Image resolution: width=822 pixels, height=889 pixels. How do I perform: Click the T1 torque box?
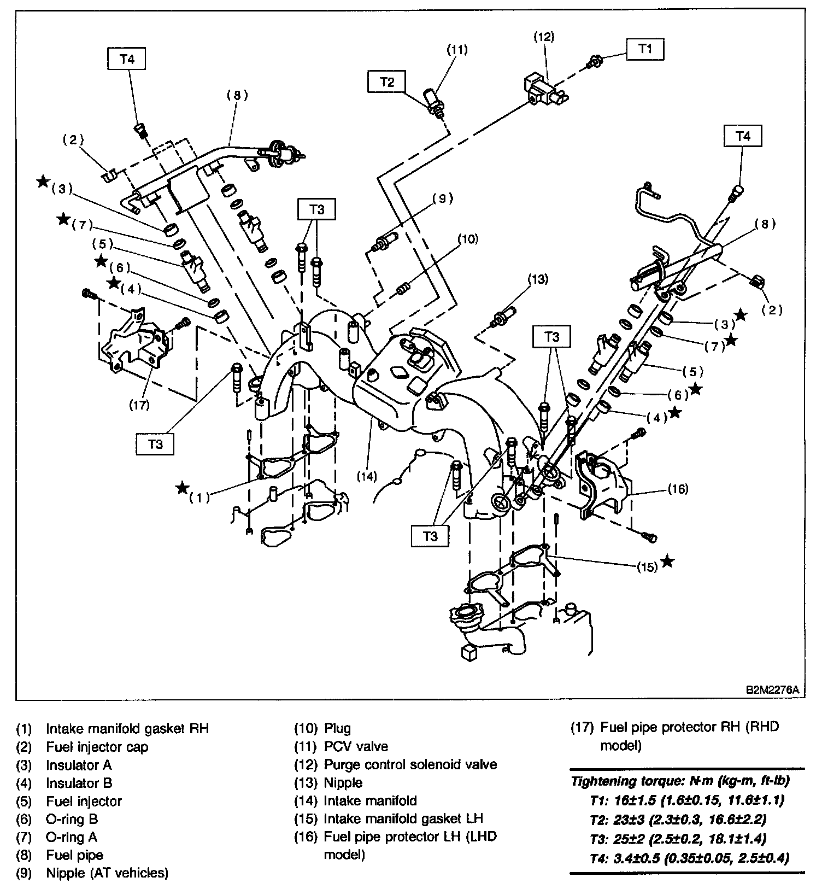coord(645,49)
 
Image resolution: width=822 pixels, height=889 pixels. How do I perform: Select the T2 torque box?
coord(387,82)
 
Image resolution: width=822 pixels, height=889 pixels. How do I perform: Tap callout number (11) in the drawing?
coord(457,50)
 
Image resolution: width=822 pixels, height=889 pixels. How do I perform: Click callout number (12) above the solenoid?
coord(544,37)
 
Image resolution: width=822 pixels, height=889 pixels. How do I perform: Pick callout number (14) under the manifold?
coord(367,476)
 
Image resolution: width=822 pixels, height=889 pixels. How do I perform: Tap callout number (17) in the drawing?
coord(140,405)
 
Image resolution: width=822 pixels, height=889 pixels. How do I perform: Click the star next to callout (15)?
coord(667,562)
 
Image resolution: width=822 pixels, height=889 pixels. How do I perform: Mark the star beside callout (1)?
coord(183,488)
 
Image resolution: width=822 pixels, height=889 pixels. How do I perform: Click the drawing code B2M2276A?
coord(773,689)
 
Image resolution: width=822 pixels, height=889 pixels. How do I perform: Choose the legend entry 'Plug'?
coord(337,728)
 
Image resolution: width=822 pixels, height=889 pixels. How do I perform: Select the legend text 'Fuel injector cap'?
coord(97,747)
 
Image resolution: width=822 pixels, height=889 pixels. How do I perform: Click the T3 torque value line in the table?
coord(678,839)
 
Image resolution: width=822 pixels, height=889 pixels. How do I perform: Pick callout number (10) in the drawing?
coord(468,239)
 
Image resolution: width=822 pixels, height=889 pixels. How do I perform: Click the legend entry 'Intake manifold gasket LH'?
coord(403,818)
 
